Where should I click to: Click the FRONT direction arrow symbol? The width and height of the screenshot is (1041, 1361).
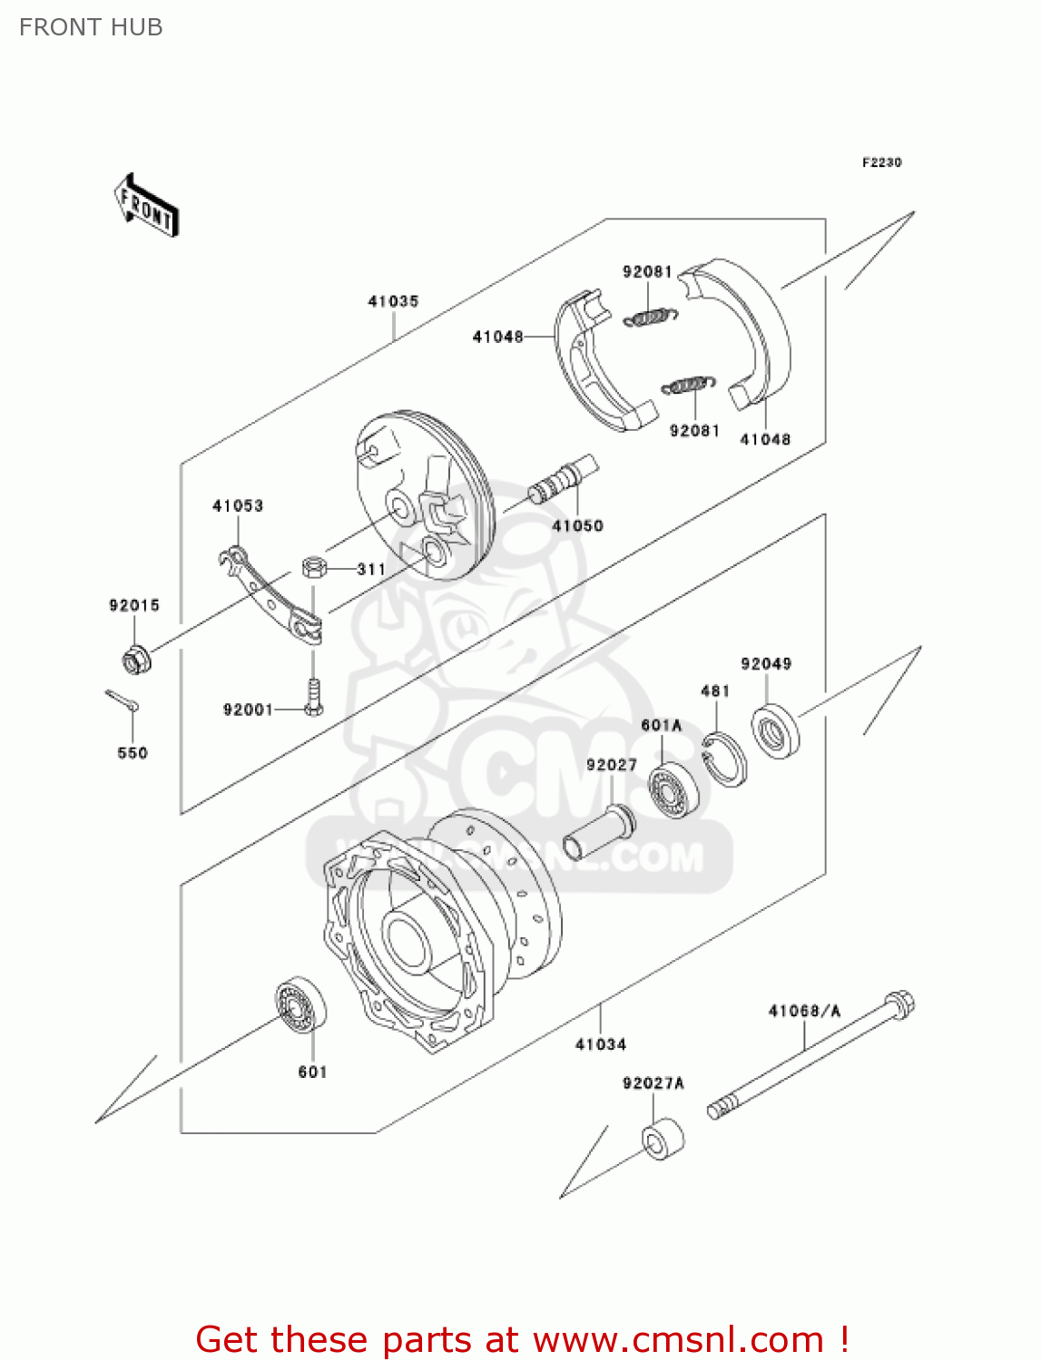coord(145,206)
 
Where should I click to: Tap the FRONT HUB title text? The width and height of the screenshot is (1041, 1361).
coord(91,27)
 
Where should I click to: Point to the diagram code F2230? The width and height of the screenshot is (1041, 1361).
coord(881,162)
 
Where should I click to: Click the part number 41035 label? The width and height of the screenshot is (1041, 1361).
coord(393,301)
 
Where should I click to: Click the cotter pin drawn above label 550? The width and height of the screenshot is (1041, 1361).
coord(121,699)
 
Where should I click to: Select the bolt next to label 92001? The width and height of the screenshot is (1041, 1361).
coord(314,697)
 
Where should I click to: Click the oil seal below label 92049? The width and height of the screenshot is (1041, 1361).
coord(775,730)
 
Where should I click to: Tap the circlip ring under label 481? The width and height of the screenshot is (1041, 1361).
coord(725,759)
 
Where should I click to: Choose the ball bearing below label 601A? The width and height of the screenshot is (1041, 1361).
coord(673,790)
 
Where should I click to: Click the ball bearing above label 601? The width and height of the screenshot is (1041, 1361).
coord(301,1004)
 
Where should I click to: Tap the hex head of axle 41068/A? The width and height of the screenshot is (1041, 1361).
coord(899,1004)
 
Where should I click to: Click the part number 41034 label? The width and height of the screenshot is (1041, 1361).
coord(601,1044)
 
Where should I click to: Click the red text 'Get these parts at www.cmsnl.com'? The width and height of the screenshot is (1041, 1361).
coord(522,1339)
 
